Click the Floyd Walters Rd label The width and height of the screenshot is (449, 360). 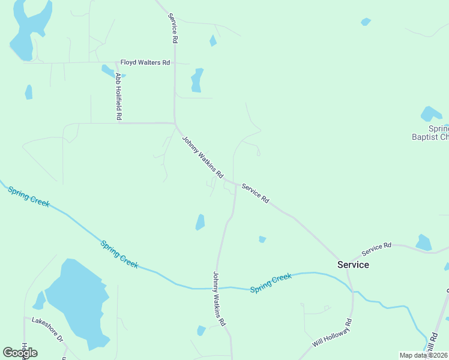[145, 62]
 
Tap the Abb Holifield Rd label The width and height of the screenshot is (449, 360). [119, 96]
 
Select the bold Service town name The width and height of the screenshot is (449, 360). [353, 265]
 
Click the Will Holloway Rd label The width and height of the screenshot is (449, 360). [331, 333]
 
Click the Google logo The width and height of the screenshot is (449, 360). [20, 352]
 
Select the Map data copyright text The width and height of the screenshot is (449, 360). [424, 355]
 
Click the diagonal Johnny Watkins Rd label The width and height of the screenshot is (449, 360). [203, 157]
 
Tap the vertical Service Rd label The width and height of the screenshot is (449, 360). [173, 28]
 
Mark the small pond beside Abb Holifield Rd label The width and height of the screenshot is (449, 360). [107, 70]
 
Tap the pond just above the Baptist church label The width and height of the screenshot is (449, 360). [430, 113]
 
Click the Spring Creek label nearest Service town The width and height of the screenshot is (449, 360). [271, 283]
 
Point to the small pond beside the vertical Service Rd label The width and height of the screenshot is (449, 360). [212, 41]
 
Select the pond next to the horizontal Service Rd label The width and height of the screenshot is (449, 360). [423, 242]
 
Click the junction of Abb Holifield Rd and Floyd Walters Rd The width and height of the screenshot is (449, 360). [116, 62]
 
